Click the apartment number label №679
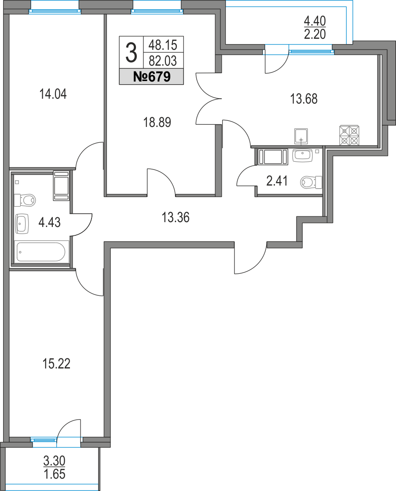(x=151, y=78)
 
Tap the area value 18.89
(x=157, y=123)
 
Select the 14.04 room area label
(x=53, y=94)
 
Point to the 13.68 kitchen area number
(x=304, y=99)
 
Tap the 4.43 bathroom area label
(x=49, y=222)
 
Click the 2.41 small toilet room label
(x=277, y=181)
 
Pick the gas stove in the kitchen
(x=350, y=136)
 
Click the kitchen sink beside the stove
(x=301, y=136)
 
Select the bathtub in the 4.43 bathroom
(x=41, y=252)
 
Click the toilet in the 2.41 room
(x=311, y=182)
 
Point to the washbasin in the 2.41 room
(x=303, y=155)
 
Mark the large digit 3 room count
(x=131, y=53)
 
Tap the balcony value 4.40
(x=315, y=20)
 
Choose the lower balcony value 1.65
(x=55, y=475)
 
